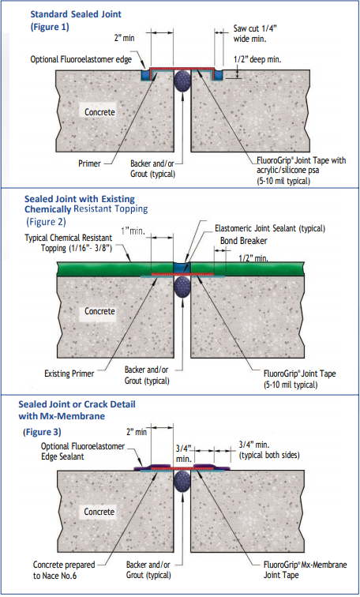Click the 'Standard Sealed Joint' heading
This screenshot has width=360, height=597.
pos(76,14)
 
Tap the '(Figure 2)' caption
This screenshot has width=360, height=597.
pos(46,222)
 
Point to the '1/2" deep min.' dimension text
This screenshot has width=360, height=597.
pos(257,59)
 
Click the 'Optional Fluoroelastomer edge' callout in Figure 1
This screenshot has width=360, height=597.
pos(81,59)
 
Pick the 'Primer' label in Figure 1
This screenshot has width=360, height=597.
pos(89,163)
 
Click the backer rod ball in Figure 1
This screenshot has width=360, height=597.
pos(182,81)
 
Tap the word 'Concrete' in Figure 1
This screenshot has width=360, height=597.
pos(99,112)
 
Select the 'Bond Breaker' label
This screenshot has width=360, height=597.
pos(243,241)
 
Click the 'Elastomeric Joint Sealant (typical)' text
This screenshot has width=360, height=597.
pos(270,228)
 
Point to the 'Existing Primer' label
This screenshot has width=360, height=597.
pos(69,374)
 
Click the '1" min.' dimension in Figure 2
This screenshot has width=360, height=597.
pos(133,231)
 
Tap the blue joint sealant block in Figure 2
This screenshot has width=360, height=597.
pos(182,268)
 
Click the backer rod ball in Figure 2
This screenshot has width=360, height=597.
pos(182,285)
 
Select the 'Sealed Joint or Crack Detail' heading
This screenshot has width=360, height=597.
pos(77,404)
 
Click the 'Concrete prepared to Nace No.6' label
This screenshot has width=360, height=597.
pos(64,570)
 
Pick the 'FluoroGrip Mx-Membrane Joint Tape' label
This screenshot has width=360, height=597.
pos(306,569)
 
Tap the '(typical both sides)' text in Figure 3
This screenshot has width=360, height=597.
pos(269,455)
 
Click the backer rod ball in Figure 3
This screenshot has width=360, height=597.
pos(182,481)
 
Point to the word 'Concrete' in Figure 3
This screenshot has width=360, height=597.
pos(99,512)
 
